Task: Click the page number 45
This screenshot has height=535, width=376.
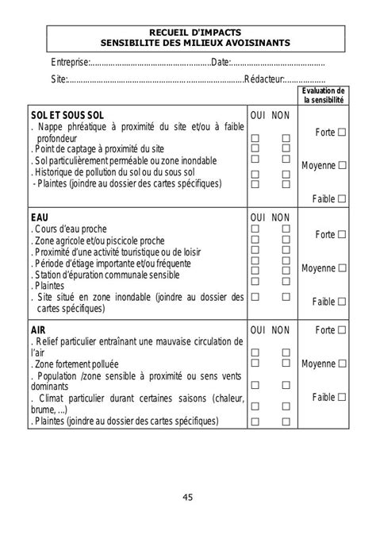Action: [x=187, y=498]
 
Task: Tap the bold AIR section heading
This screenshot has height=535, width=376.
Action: [x=38, y=329]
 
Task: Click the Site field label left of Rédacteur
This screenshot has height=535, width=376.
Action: [x=59, y=80]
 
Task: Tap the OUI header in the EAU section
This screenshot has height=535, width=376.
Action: [x=258, y=217]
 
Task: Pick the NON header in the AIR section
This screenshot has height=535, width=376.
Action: [x=281, y=329]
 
